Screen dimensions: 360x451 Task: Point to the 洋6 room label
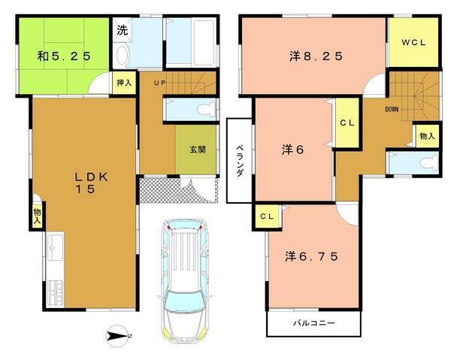[293, 150]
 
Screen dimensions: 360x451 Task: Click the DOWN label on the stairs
[392, 109]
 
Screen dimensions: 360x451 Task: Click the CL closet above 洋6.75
[267, 216]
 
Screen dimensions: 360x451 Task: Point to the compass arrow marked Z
[119, 336]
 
